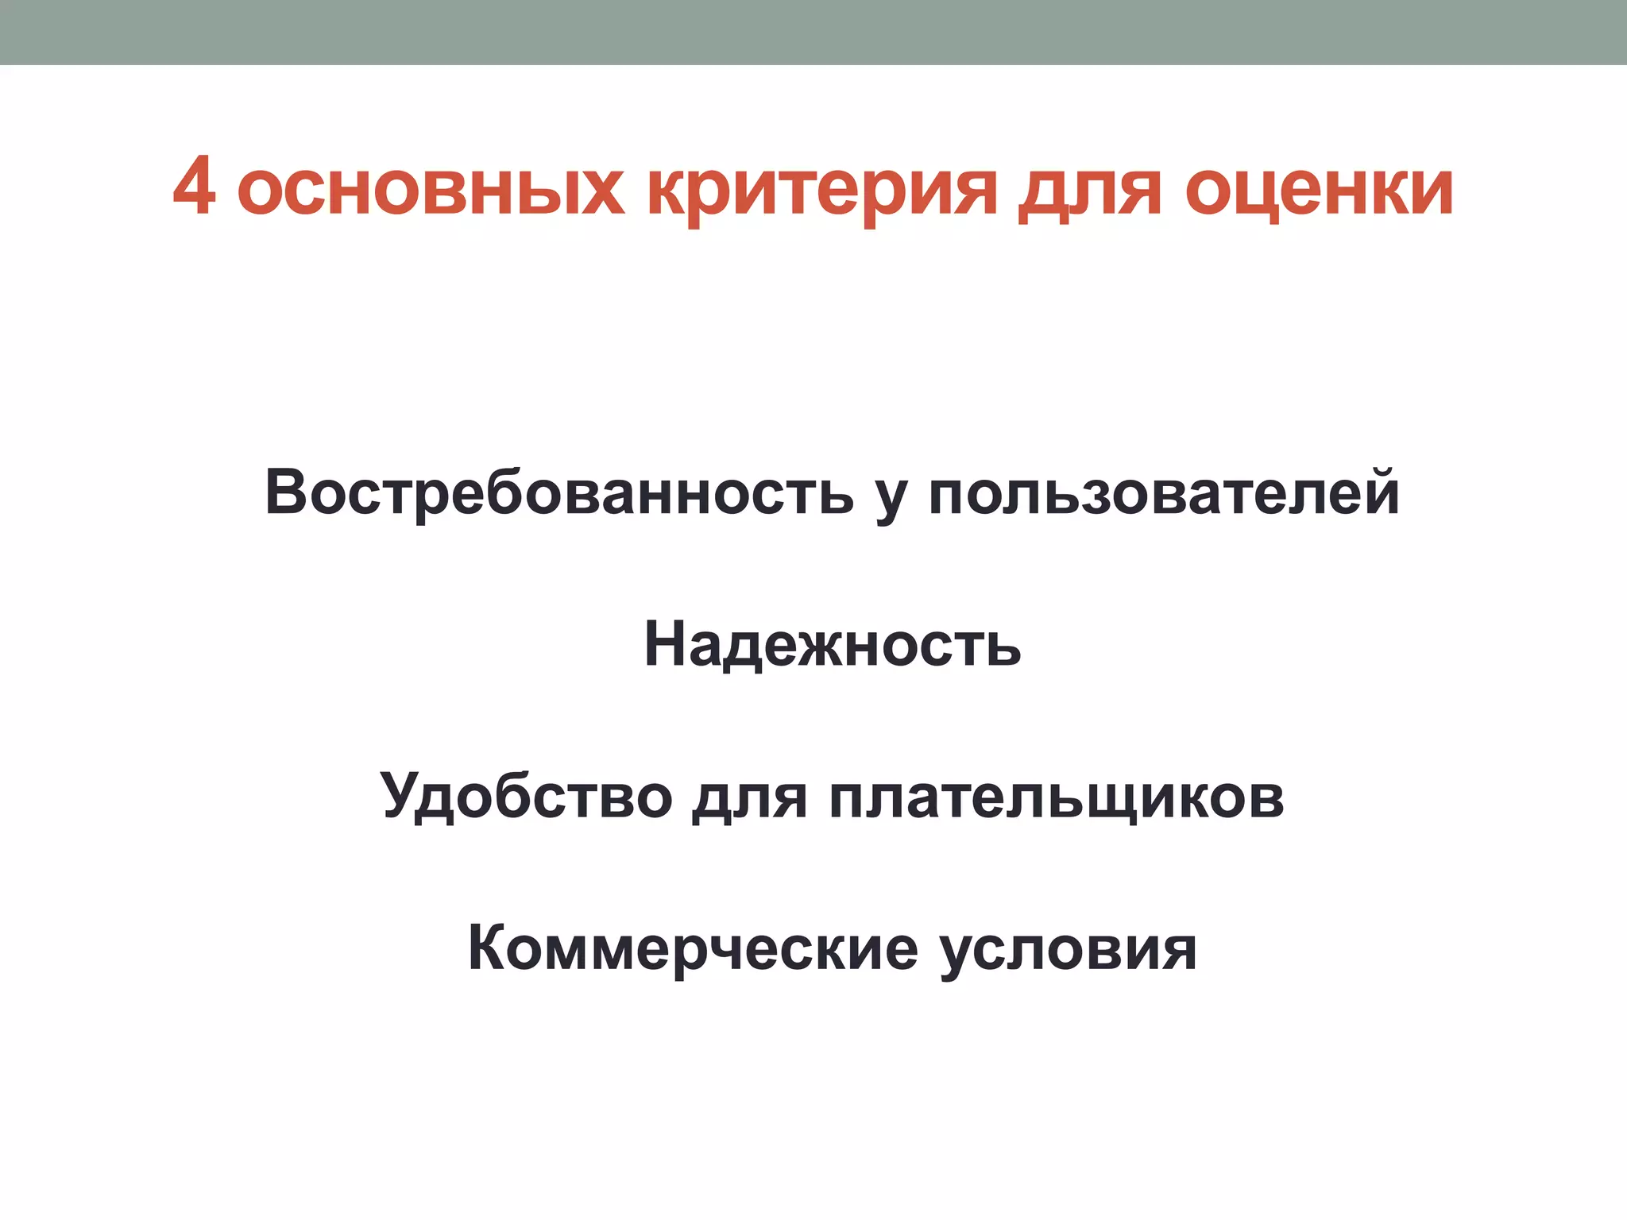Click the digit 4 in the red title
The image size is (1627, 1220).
[x=194, y=187]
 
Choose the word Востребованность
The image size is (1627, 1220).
[x=559, y=492]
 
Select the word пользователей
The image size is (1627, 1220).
[x=1163, y=492]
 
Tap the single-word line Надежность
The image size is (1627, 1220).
[x=832, y=644]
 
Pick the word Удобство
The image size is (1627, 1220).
[x=526, y=796]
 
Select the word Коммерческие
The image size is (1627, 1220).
[x=693, y=948]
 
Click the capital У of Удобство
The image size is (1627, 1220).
[x=402, y=794]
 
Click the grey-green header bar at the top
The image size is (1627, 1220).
[x=813, y=32]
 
